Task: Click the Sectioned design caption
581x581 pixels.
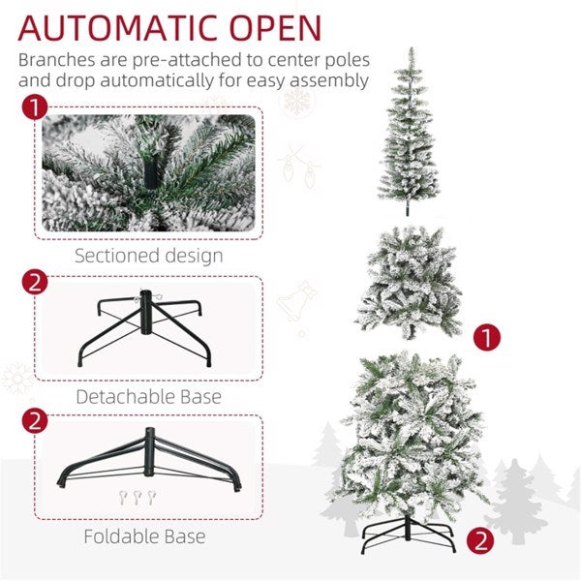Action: [x=149, y=256]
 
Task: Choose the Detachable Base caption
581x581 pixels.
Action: [x=149, y=396]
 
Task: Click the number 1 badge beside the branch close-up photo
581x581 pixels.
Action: [x=34, y=107]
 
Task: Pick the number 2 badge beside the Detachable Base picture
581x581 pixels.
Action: [x=34, y=283]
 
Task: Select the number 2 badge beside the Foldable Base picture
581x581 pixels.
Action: [x=34, y=421]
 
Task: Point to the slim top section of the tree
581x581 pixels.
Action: [x=409, y=126]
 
